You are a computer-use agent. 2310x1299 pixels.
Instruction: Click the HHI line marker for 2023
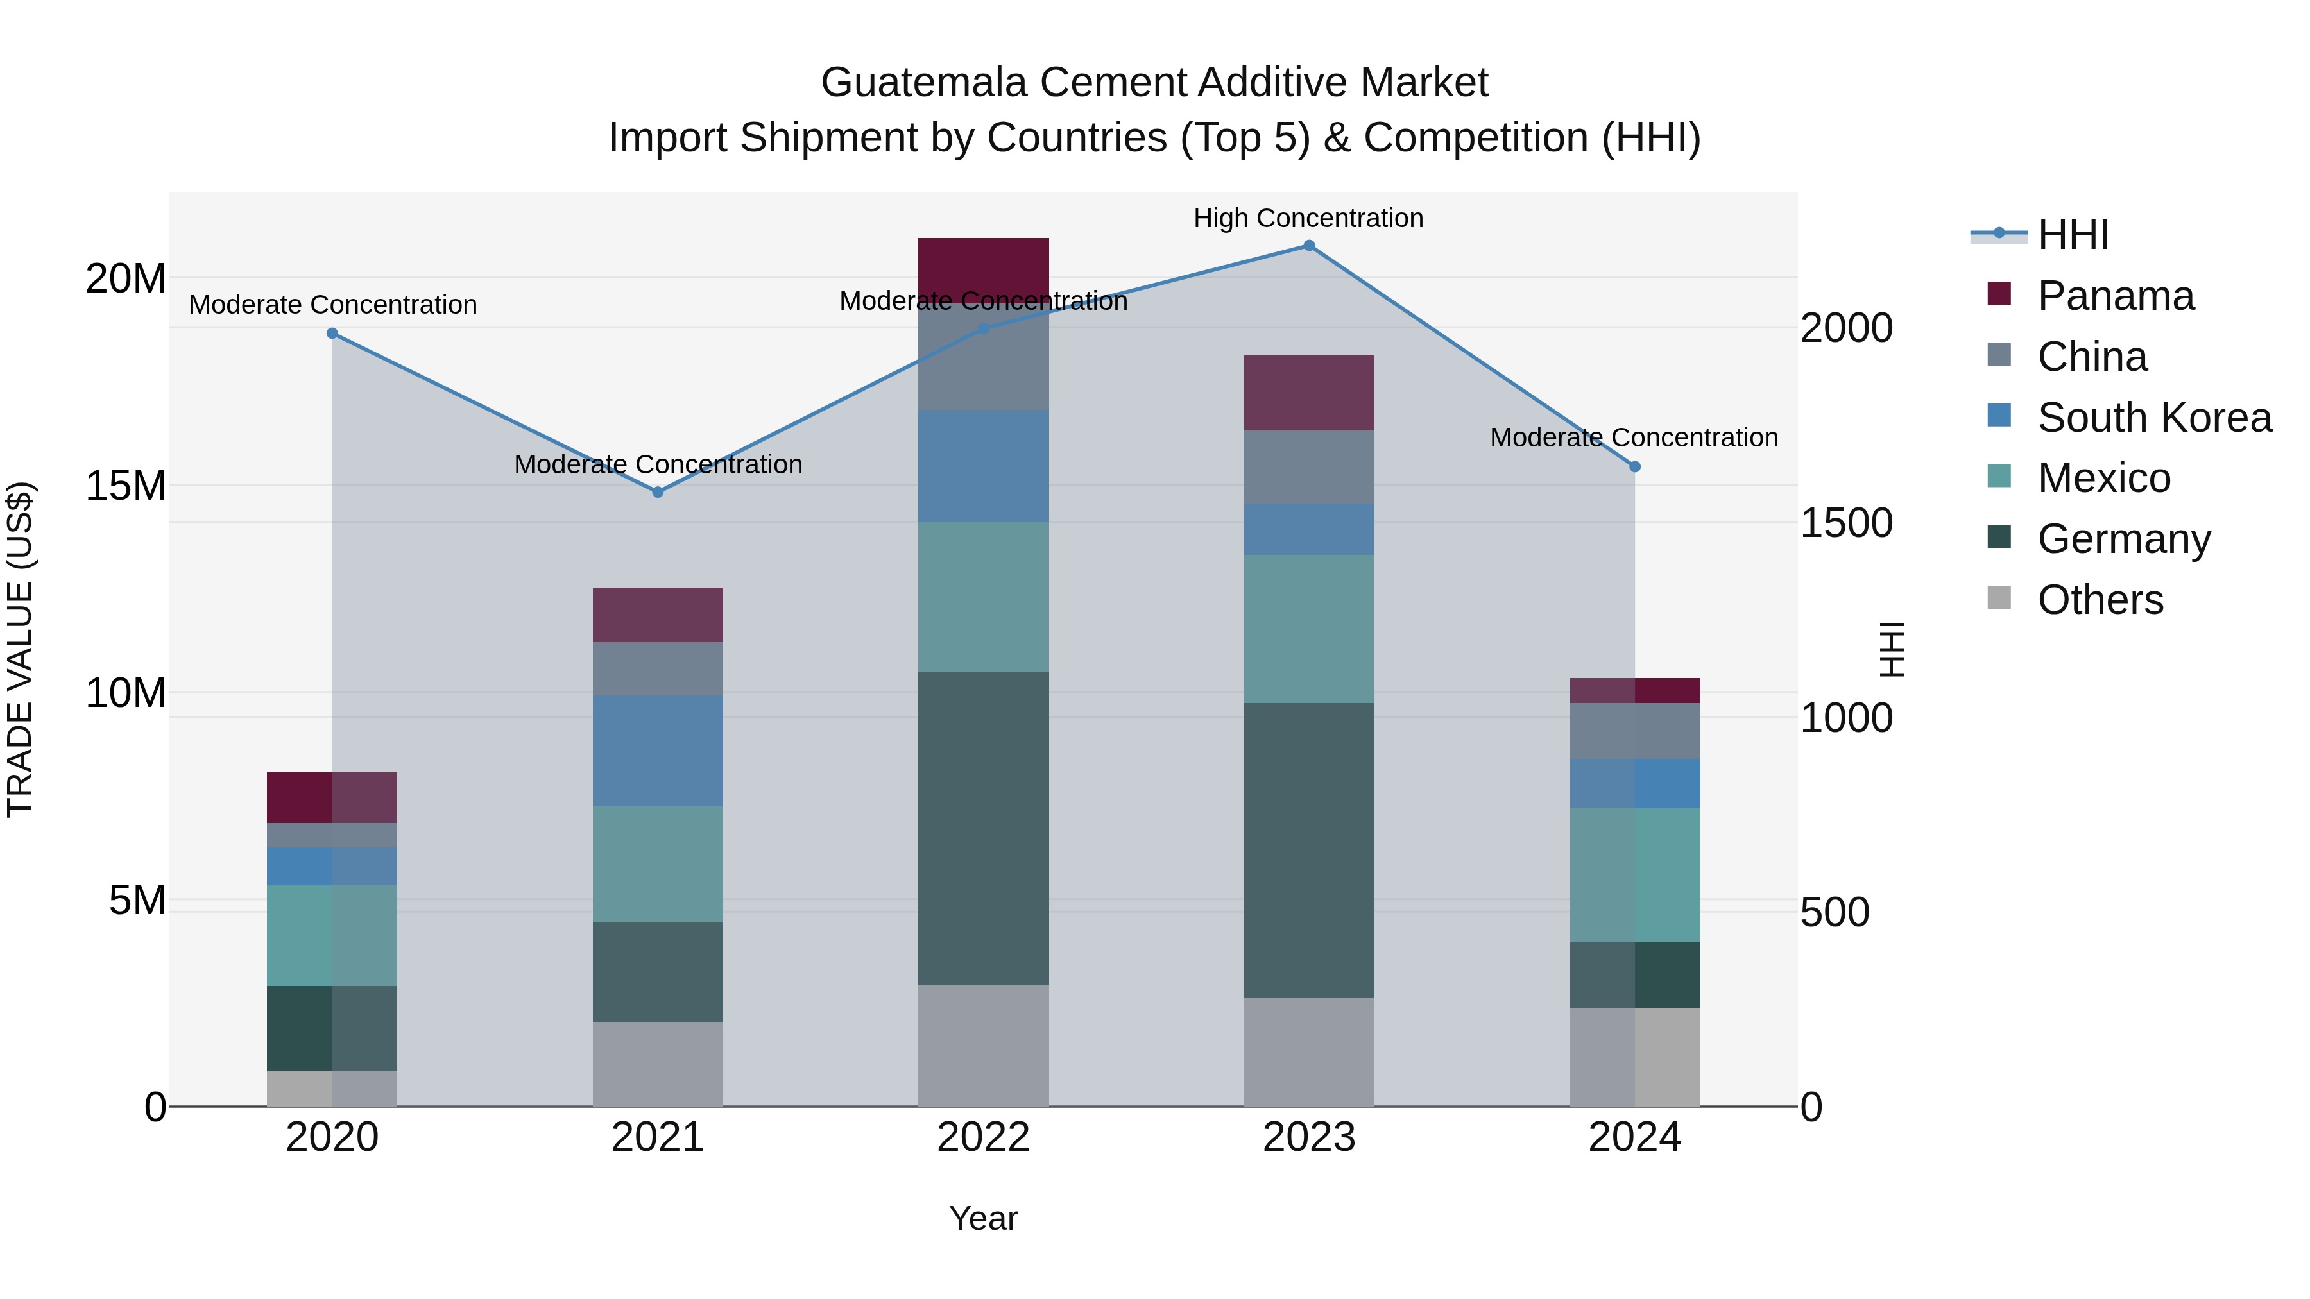tap(1308, 246)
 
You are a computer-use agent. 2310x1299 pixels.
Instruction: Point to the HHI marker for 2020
tap(332, 334)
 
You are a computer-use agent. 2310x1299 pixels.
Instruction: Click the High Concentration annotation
tap(1308, 219)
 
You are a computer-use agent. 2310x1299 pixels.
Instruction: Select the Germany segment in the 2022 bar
tap(983, 828)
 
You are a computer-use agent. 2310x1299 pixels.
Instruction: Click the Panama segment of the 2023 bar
tap(1308, 393)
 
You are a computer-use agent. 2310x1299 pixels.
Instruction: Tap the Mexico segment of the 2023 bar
tap(1308, 629)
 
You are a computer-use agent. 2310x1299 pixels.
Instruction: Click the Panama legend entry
tap(2114, 296)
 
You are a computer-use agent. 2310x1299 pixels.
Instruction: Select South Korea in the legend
tap(2153, 418)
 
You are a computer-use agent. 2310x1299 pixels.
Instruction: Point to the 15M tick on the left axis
tap(126, 486)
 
